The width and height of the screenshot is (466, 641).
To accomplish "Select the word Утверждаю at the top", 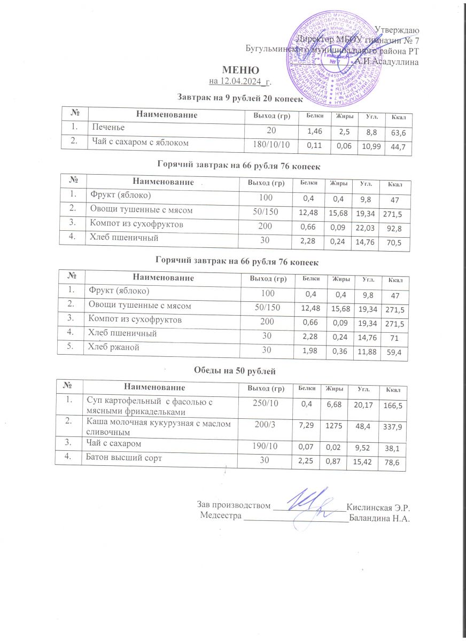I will (x=397, y=29).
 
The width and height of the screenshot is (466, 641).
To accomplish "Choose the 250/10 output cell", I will (x=263, y=402).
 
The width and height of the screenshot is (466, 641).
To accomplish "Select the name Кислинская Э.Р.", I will (x=381, y=505).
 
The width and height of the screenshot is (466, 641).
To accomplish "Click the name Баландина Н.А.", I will (x=382, y=517).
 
